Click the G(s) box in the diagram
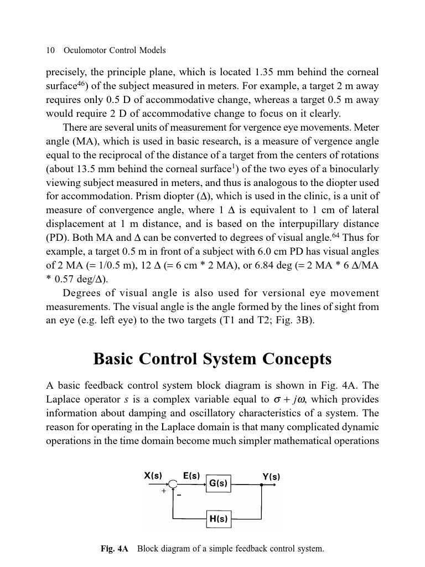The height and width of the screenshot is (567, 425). [x=218, y=483]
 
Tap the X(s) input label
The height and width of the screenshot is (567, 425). [x=153, y=476]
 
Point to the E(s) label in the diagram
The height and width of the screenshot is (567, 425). [x=191, y=476]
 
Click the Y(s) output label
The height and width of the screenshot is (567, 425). [x=271, y=477]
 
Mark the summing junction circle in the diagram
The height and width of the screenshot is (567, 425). [x=173, y=484]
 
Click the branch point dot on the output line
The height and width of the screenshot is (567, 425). [x=261, y=484]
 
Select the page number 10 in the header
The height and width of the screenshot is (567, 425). [x=50, y=50]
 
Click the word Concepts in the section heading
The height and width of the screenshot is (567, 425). [x=297, y=359]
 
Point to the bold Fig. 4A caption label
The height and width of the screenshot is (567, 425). [x=114, y=549]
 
